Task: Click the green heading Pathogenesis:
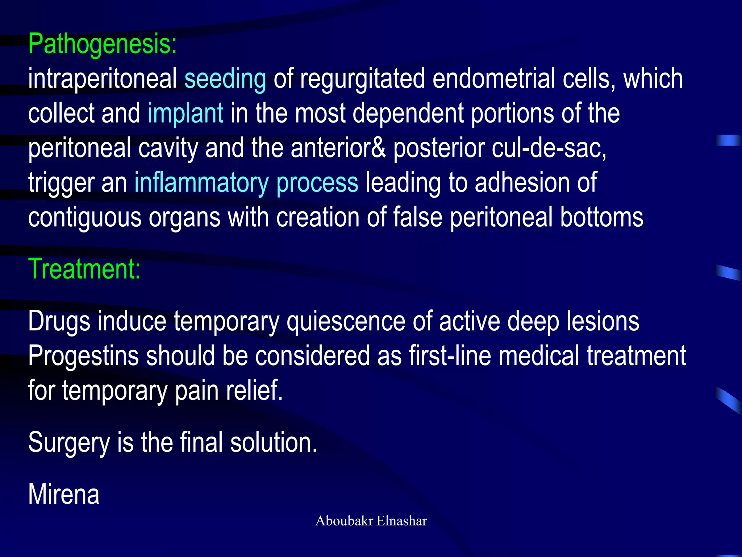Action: tap(103, 44)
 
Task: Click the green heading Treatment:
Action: tap(84, 269)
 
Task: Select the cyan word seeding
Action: tap(225, 79)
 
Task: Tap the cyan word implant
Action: tap(185, 113)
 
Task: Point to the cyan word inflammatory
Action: tap(201, 183)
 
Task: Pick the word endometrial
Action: tap(493, 79)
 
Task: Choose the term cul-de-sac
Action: tap(548, 148)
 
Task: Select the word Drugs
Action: tap(59, 322)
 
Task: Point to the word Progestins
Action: tap(83, 356)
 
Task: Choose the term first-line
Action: tap(450, 356)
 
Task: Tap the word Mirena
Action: tap(64, 495)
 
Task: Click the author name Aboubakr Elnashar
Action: tap(371, 521)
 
